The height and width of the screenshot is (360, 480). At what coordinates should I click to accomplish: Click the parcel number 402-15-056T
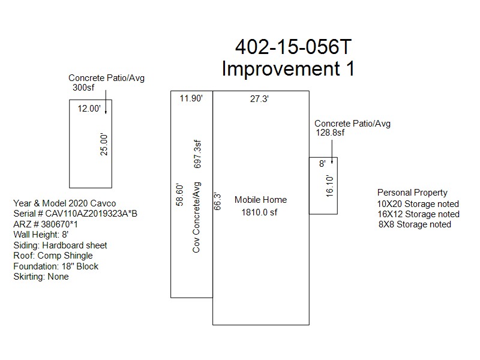click(293, 47)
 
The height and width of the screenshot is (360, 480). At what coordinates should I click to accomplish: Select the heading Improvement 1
click(288, 68)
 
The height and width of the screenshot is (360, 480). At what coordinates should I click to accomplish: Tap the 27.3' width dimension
click(259, 99)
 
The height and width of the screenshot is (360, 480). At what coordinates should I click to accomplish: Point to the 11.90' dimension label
click(191, 98)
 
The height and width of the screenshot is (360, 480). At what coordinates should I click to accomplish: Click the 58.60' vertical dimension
click(179, 194)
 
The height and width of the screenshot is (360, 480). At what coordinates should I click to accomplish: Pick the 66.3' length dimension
click(217, 202)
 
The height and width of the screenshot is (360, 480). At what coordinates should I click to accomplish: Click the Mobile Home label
click(261, 200)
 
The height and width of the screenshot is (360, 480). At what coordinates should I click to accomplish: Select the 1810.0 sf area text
click(259, 212)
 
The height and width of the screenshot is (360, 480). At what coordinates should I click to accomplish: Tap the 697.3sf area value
click(197, 154)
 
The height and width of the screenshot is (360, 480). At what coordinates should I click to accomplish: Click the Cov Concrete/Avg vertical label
click(197, 217)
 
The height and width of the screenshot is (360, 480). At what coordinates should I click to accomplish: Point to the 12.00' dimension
click(89, 109)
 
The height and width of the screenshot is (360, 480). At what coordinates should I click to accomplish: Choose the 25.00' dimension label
click(104, 145)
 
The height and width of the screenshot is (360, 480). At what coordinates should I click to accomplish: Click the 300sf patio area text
click(83, 88)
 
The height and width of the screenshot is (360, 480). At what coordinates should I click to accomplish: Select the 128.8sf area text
click(330, 133)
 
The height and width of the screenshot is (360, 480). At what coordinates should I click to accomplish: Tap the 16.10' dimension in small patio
click(329, 186)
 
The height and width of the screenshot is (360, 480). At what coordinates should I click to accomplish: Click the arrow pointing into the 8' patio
click(332, 152)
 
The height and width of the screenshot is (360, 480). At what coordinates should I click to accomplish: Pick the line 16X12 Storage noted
click(418, 214)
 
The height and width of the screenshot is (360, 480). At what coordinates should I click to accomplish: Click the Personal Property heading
click(412, 193)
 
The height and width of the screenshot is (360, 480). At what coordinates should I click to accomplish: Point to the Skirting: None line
click(41, 277)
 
